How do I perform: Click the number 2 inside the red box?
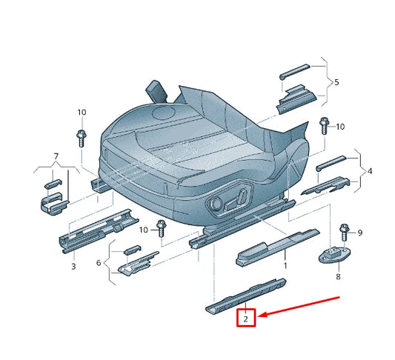click(x=245, y=319)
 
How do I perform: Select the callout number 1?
click(x=285, y=264)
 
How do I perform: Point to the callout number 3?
click(x=73, y=265)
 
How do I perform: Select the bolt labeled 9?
click(x=342, y=233)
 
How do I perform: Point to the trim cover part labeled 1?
click(x=276, y=246)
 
